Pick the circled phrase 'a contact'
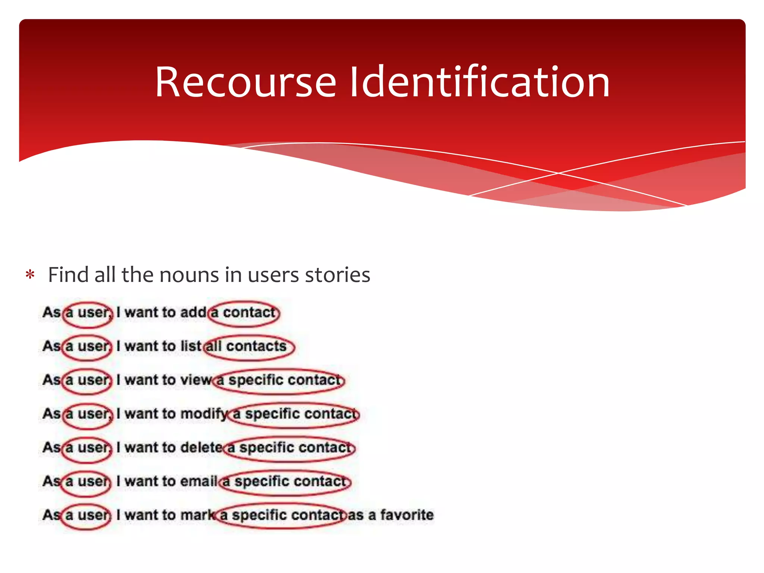(x=244, y=313)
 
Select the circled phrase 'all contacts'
(x=249, y=347)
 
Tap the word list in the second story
(x=191, y=346)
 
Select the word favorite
(x=407, y=515)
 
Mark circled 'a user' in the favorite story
(x=87, y=516)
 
